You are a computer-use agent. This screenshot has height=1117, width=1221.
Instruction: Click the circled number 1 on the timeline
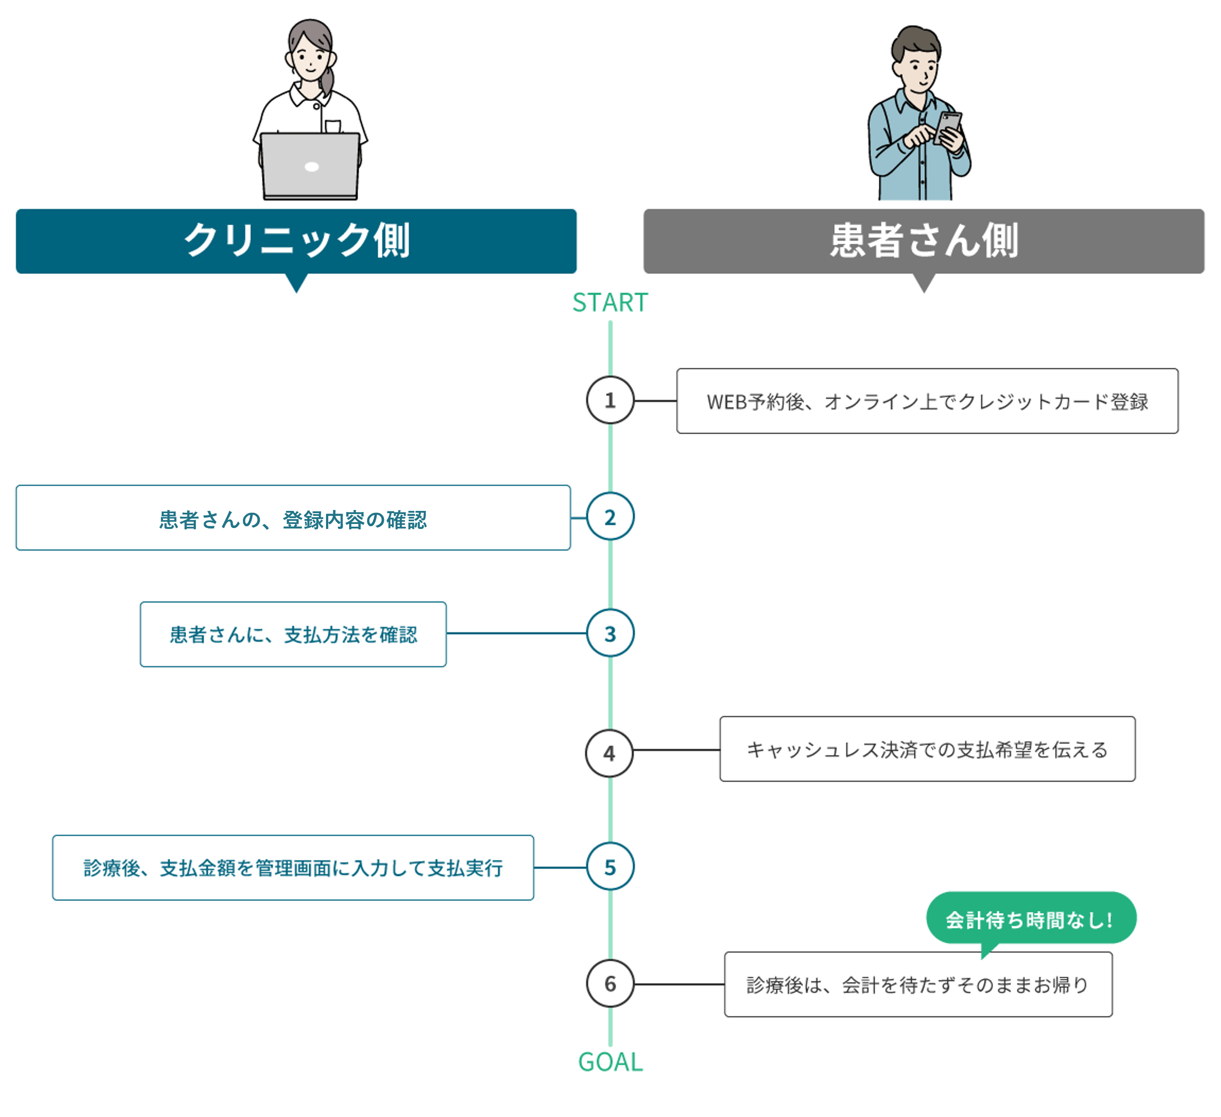[610, 400]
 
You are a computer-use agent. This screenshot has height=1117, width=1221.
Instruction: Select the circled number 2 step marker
[610, 517]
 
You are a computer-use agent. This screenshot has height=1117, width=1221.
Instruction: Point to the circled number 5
[610, 867]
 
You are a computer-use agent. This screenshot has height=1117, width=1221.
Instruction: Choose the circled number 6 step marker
[610, 984]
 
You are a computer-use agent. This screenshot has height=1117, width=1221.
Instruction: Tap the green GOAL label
[610, 1062]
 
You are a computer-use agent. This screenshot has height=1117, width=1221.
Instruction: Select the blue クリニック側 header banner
[296, 241]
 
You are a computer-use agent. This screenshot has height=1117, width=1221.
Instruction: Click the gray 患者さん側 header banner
[923, 241]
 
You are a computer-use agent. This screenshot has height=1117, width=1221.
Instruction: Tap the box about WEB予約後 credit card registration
[927, 401]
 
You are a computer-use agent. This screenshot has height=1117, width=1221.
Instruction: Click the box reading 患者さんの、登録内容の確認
[293, 518]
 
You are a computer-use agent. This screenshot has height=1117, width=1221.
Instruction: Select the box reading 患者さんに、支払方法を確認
[293, 635]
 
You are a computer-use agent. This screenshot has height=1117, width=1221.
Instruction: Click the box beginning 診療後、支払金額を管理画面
[293, 867]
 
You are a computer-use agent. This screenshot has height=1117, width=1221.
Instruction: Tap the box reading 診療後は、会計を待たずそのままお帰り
[918, 984]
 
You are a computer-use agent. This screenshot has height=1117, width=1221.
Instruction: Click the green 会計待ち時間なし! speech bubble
[1031, 918]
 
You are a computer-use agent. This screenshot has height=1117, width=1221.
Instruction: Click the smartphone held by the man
[947, 128]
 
